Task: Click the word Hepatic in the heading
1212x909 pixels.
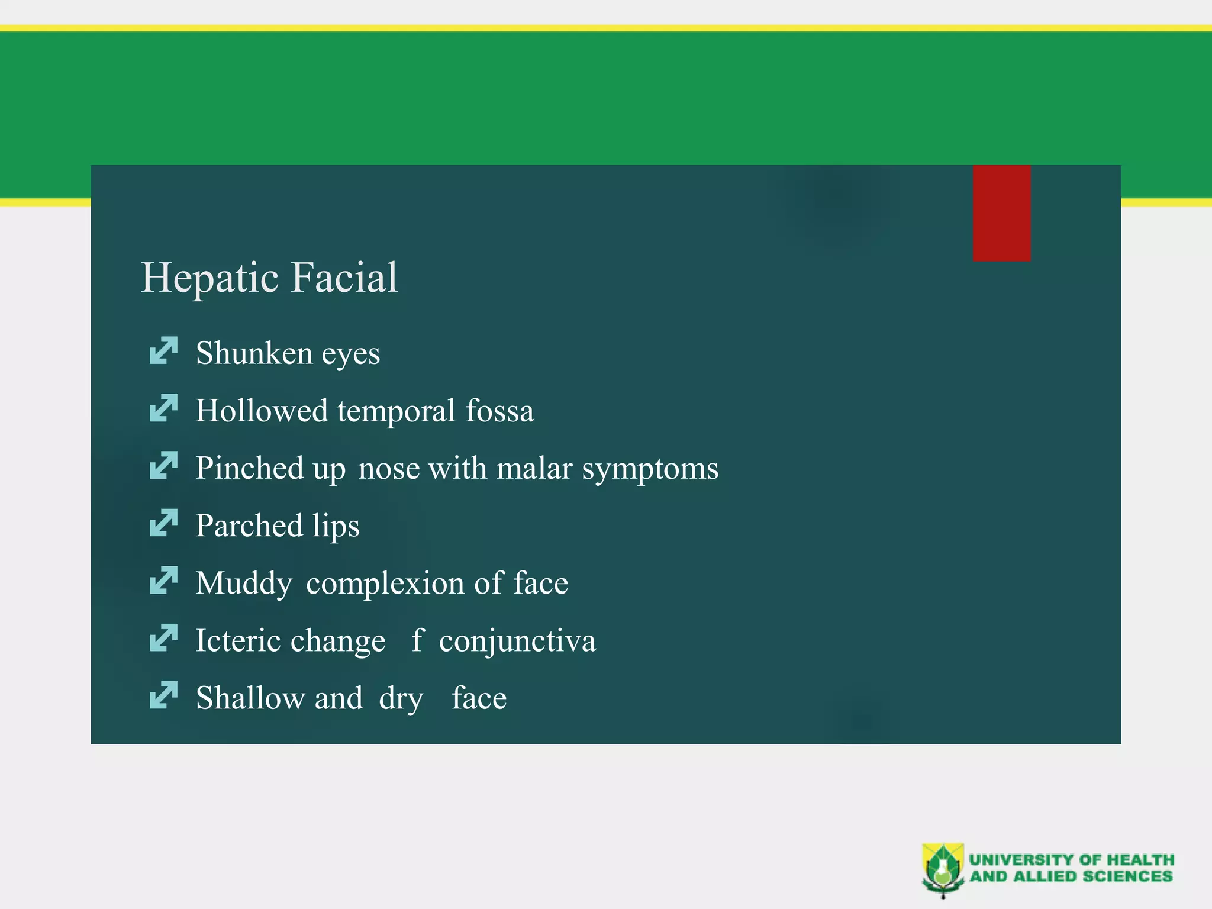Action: pos(210,278)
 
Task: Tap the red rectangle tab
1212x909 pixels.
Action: pos(1001,213)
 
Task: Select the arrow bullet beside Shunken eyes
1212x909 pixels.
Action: pos(163,350)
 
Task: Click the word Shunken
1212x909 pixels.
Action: pos(254,353)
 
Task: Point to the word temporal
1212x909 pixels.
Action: pos(396,411)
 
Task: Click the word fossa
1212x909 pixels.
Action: pos(499,411)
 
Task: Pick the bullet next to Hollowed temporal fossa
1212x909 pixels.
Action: pos(163,408)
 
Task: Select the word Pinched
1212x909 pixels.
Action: pos(250,468)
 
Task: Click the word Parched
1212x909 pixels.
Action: pos(249,526)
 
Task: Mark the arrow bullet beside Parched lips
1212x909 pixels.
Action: pos(163,523)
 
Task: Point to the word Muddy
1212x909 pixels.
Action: pos(244,584)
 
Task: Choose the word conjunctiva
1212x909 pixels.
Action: pos(517,641)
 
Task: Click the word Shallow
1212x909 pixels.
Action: pos(250,698)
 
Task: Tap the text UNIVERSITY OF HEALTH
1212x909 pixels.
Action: pos(1071,859)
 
